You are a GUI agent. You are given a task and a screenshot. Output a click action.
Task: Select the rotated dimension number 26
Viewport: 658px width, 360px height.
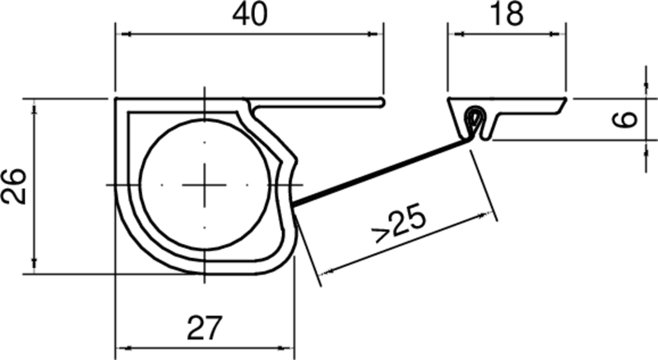pos(14,186)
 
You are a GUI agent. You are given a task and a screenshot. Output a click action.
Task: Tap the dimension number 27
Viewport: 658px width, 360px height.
pos(204,329)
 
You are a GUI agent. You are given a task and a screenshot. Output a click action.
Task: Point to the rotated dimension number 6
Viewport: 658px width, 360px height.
pos(627,119)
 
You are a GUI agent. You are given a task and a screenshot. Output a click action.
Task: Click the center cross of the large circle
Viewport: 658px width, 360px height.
pos(204,185)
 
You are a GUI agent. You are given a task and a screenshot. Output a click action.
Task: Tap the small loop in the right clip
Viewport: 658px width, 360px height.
pos(474,116)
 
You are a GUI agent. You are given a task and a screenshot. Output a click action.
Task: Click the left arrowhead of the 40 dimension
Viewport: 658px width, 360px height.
pos(120,34)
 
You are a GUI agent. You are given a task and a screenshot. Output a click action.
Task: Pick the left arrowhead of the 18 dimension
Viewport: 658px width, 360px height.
pos(452,34)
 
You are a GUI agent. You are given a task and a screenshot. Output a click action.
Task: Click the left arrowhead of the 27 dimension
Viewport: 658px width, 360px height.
pos(120,348)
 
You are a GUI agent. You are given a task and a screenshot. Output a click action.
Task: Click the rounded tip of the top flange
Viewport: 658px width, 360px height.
pos(383,102)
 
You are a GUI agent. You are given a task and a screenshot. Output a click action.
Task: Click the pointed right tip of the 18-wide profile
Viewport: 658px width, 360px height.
pos(567,99)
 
